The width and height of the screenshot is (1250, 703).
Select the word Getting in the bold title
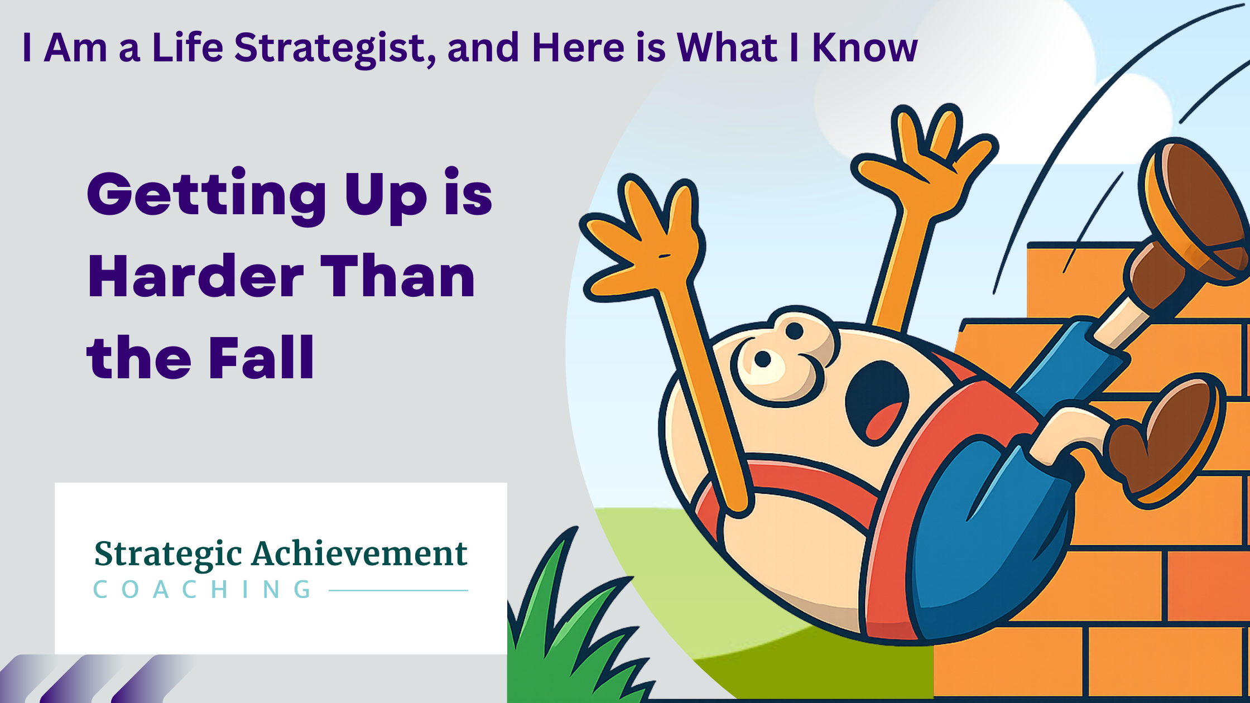pyautogui.click(x=206, y=195)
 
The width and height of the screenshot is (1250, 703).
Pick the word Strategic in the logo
pyautogui.click(x=168, y=554)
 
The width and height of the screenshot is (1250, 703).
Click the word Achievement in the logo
pyautogui.click(x=359, y=554)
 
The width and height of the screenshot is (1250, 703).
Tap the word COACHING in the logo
pyautogui.click(x=202, y=590)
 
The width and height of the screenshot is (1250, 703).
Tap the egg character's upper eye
pyautogui.click(x=794, y=331)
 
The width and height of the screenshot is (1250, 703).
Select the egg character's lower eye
pyautogui.click(x=763, y=359)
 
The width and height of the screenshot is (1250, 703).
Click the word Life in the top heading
pyautogui.click(x=187, y=48)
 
